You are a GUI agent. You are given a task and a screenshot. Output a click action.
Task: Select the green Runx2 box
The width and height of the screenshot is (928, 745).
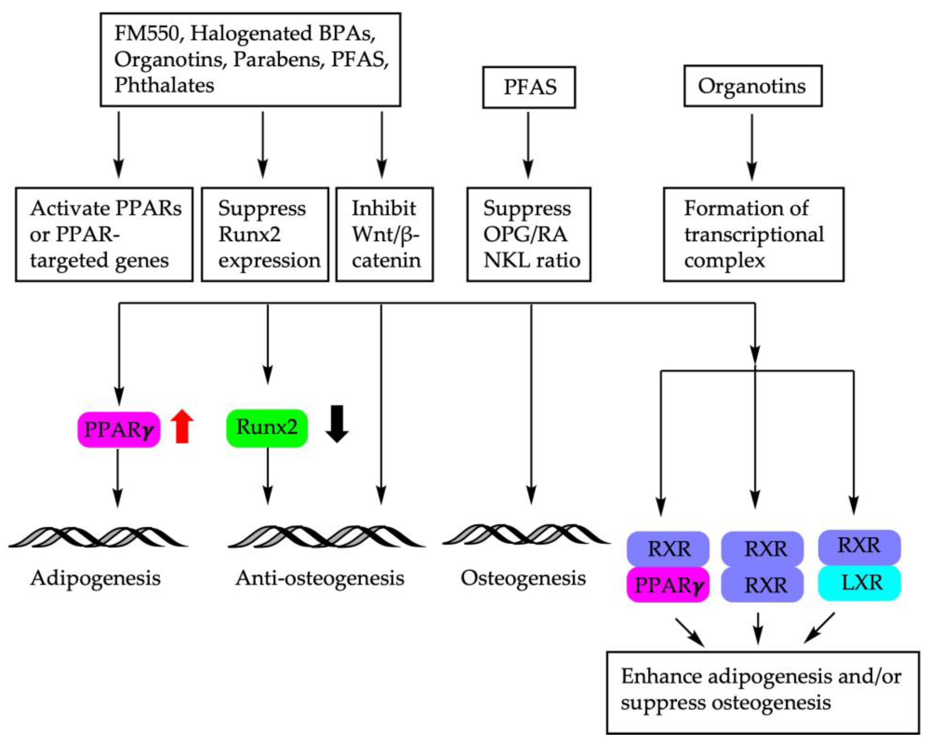(x=267, y=428)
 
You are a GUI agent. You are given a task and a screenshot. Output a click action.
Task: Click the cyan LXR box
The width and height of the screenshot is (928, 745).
(x=860, y=583)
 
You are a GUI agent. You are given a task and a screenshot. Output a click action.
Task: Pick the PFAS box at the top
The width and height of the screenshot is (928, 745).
(x=529, y=87)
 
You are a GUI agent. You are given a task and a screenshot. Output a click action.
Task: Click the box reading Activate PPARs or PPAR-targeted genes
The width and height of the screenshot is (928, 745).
(x=104, y=234)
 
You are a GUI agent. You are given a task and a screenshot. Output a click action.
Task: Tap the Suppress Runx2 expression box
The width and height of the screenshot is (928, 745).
(x=265, y=234)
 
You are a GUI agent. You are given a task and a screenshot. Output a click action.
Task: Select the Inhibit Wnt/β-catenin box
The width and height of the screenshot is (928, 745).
(x=384, y=234)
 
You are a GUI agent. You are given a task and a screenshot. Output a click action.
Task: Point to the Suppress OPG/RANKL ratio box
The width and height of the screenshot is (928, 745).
(x=529, y=234)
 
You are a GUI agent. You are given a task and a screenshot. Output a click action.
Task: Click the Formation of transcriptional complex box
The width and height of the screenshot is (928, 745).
(x=754, y=234)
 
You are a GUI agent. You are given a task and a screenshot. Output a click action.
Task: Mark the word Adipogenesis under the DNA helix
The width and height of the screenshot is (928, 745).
(x=96, y=578)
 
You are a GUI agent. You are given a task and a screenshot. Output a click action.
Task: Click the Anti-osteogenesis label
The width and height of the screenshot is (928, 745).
(x=320, y=578)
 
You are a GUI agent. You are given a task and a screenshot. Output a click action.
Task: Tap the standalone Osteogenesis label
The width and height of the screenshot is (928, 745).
(x=523, y=578)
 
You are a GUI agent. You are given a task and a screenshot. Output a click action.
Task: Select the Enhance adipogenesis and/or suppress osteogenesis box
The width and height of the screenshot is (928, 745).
(x=763, y=692)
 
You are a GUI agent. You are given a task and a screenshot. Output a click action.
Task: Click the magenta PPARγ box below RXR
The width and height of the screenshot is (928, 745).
(x=668, y=584)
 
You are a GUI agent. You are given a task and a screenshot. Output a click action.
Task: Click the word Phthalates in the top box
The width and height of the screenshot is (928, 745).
(x=164, y=85)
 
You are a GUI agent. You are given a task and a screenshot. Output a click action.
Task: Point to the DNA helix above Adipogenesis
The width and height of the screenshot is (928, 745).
(x=98, y=536)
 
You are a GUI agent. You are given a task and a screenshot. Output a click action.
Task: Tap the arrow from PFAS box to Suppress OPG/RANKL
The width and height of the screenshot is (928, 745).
(x=528, y=145)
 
